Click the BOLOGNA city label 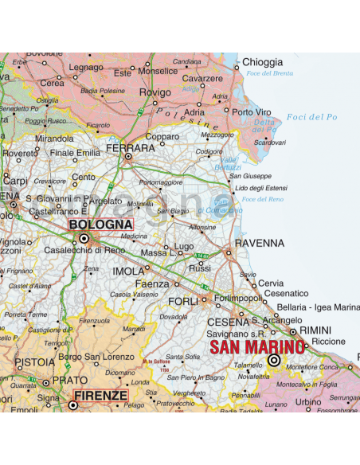100,225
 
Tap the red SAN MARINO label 256,347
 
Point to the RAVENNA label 259,243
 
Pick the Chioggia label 262,62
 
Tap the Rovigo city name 155,92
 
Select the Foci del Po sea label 311,117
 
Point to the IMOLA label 128,272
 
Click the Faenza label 152,284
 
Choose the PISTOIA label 34,362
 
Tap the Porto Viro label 252,112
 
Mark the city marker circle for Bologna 84,237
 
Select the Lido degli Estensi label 260,187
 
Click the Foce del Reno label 264,199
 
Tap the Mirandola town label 54,138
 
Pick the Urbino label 309,402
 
